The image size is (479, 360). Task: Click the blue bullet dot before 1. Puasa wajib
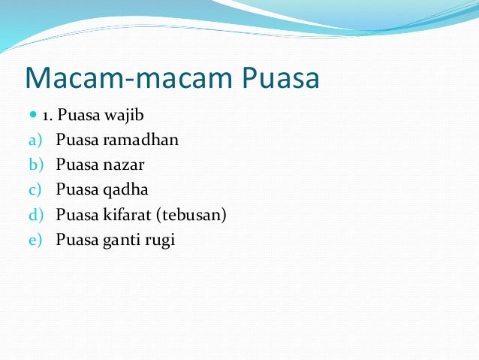(x=32, y=116)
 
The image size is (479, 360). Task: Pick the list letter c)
(x=36, y=189)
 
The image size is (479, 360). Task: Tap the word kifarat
(x=128, y=215)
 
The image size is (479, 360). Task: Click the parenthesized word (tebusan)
(x=192, y=216)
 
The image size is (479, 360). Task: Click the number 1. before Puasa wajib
(x=47, y=116)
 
